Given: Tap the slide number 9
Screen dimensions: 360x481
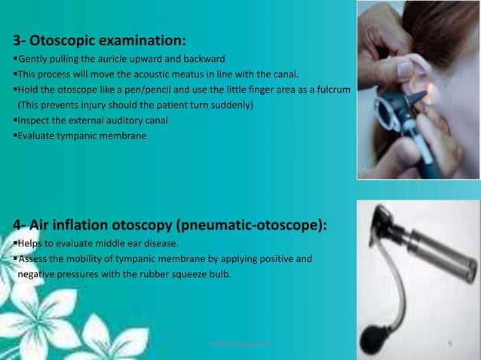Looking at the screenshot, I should coord(449,344).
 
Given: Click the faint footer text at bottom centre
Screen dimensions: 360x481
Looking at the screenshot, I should coord(240,344).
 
